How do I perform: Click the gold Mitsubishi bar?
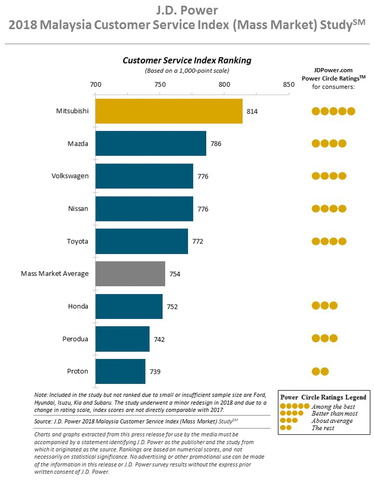tap(169, 111)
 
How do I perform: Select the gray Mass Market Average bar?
tap(130, 274)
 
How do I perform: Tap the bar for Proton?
tap(120, 371)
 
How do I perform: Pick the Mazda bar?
tap(151, 143)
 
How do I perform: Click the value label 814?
tap(252, 112)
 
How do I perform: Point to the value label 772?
tap(198, 241)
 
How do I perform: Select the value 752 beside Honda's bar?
tap(172, 307)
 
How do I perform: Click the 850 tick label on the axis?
tap(289, 84)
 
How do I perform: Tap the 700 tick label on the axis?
tap(96, 84)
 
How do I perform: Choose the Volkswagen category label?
tap(70, 176)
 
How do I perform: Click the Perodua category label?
tap(75, 339)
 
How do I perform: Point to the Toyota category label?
tap(77, 241)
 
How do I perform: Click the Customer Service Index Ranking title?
tap(187, 60)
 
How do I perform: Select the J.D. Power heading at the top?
tap(187, 11)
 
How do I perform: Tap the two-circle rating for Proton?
tap(320, 372)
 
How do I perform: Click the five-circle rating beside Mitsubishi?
tap(333, 111)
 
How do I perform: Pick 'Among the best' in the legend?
tap(333, 407)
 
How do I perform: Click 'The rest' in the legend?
tap(323, 428)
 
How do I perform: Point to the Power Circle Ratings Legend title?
tap(323, 397)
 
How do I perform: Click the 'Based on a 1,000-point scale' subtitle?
tap(187, 71)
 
